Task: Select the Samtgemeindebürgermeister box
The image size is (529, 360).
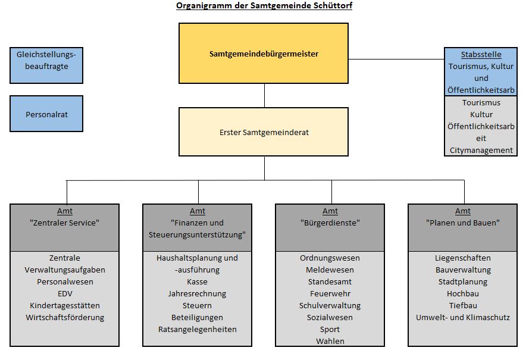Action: point(264,54)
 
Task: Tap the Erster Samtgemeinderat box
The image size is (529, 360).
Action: point(264,132)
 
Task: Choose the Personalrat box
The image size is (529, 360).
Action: point(46,114)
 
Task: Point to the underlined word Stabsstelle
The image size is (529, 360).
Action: point(481,55)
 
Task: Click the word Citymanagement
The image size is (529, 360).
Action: point(481,150)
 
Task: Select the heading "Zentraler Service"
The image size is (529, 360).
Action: point(65,223)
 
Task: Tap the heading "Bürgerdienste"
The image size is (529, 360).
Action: point(330,223)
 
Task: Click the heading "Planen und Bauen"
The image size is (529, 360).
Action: point(462,223)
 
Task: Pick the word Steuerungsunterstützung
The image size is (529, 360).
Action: point(198,234)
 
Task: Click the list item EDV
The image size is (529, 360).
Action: point(65,293)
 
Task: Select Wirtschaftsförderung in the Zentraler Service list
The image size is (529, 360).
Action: point(65,317)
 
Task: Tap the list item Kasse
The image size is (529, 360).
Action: point(198,281)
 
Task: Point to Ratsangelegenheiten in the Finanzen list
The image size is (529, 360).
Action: point(198,329)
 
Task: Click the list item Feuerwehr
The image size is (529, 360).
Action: point(330,293)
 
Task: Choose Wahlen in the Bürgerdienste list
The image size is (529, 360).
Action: point(330,341)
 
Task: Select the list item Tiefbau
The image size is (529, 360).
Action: point(462,305)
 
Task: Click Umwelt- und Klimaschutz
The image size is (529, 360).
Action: point(462,317)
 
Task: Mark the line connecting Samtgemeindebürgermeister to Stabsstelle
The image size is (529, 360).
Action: point(396,60)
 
